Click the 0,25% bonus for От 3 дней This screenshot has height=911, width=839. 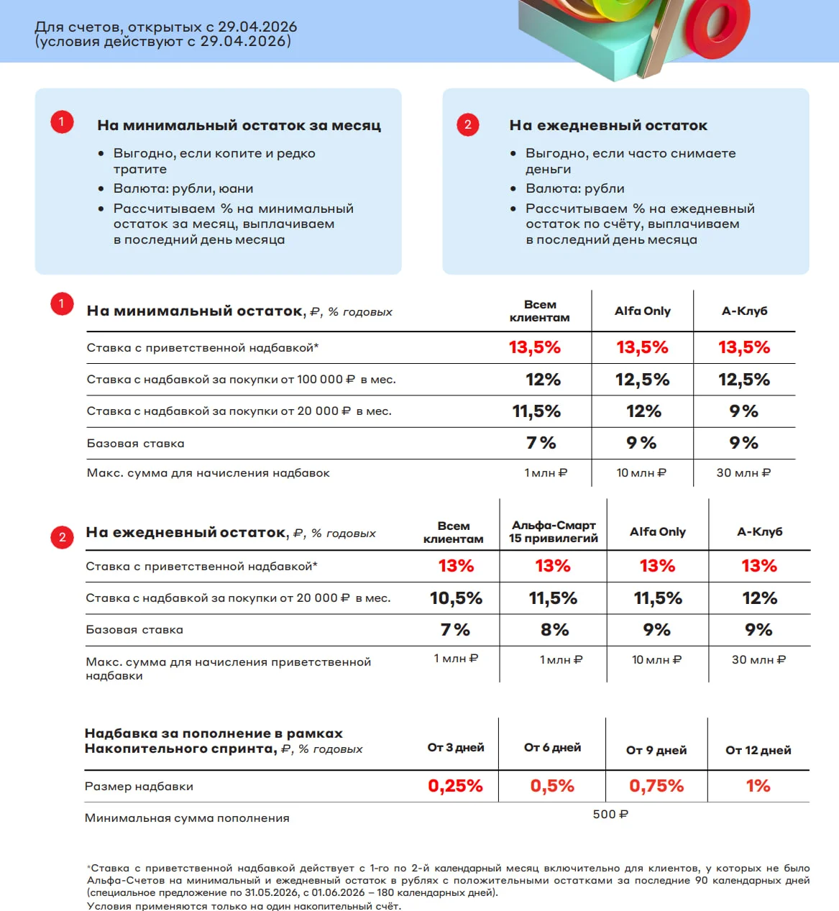click(455, 786)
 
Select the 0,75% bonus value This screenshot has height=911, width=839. click(656, 786)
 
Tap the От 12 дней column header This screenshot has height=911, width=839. click(758, 750)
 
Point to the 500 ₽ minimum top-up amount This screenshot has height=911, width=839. click(610, 814)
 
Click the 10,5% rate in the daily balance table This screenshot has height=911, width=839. click(456, 598)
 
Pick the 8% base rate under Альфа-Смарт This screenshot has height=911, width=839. click(554, 630)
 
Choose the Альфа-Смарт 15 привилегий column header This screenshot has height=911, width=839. click(554, 531)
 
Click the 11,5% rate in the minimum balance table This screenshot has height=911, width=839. click(536, 411)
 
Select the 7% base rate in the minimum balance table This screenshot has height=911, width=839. click(541, 443)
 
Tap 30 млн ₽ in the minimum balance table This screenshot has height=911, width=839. click(743, 472)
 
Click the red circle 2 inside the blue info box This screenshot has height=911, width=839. click(468, 124)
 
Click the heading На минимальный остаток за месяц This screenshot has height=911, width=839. click(239, 125)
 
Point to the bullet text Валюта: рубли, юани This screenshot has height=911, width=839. click(183, 188)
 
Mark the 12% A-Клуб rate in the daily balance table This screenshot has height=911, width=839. click(759, 598)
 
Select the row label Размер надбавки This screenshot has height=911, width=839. click(139, 787)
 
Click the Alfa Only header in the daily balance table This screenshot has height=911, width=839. click(657, 531)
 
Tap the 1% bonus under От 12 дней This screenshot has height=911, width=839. click(758, 786)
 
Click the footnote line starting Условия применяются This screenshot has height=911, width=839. click(244, 905)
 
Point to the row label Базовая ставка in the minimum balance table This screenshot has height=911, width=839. click(135, 444)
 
